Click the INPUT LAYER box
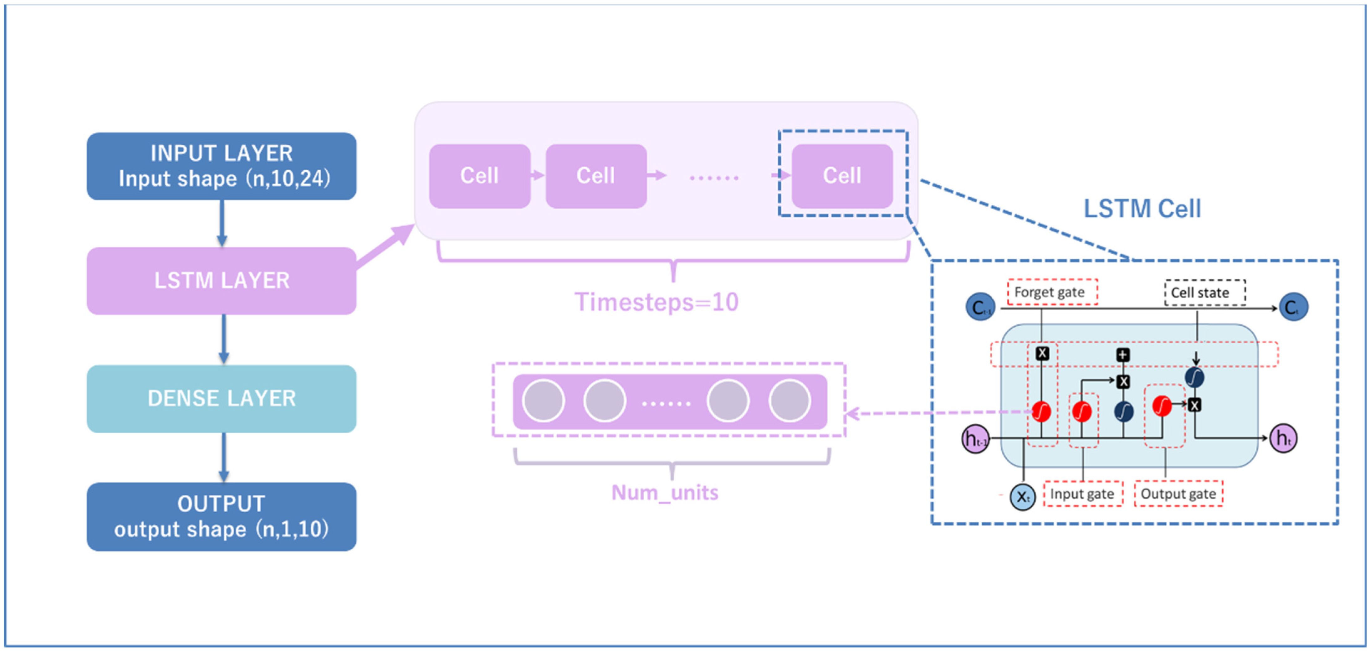click(x=221, y=166)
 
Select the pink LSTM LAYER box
click(x=221, y=281)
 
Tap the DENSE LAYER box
click(x=221, y=398)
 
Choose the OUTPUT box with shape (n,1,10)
click(x=221, y=516)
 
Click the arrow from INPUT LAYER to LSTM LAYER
click(x=222, y=224)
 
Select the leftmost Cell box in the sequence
click(x=479, y=176)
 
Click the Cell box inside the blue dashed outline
click(x=842, y=176)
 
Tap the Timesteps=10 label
click(x=656, y=302)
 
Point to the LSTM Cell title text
click(x=1142, y=209)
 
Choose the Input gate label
click(x=1082, y=494)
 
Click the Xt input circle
click(x=1022, y=497)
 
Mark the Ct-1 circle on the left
click(x=980, y=307)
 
